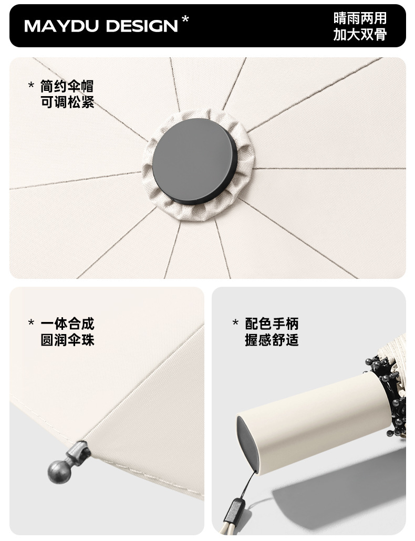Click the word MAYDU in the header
(61, 26)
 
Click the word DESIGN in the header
(142, 26)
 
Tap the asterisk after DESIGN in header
(185, 19)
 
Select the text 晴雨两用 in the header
(360, 18)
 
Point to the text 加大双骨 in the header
(360, 34)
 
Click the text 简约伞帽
(67, 86)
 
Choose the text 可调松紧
(67, 102)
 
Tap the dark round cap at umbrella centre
(195, 161)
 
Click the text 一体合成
(67, 324)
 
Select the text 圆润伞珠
(67, 340)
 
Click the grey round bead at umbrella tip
(59, 471)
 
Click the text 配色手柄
(272, 324)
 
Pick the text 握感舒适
(272, 340)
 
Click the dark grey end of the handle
(248, 444)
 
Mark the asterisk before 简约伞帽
(31, 85)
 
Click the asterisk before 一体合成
(31, 322)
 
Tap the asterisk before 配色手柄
(236, 322)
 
